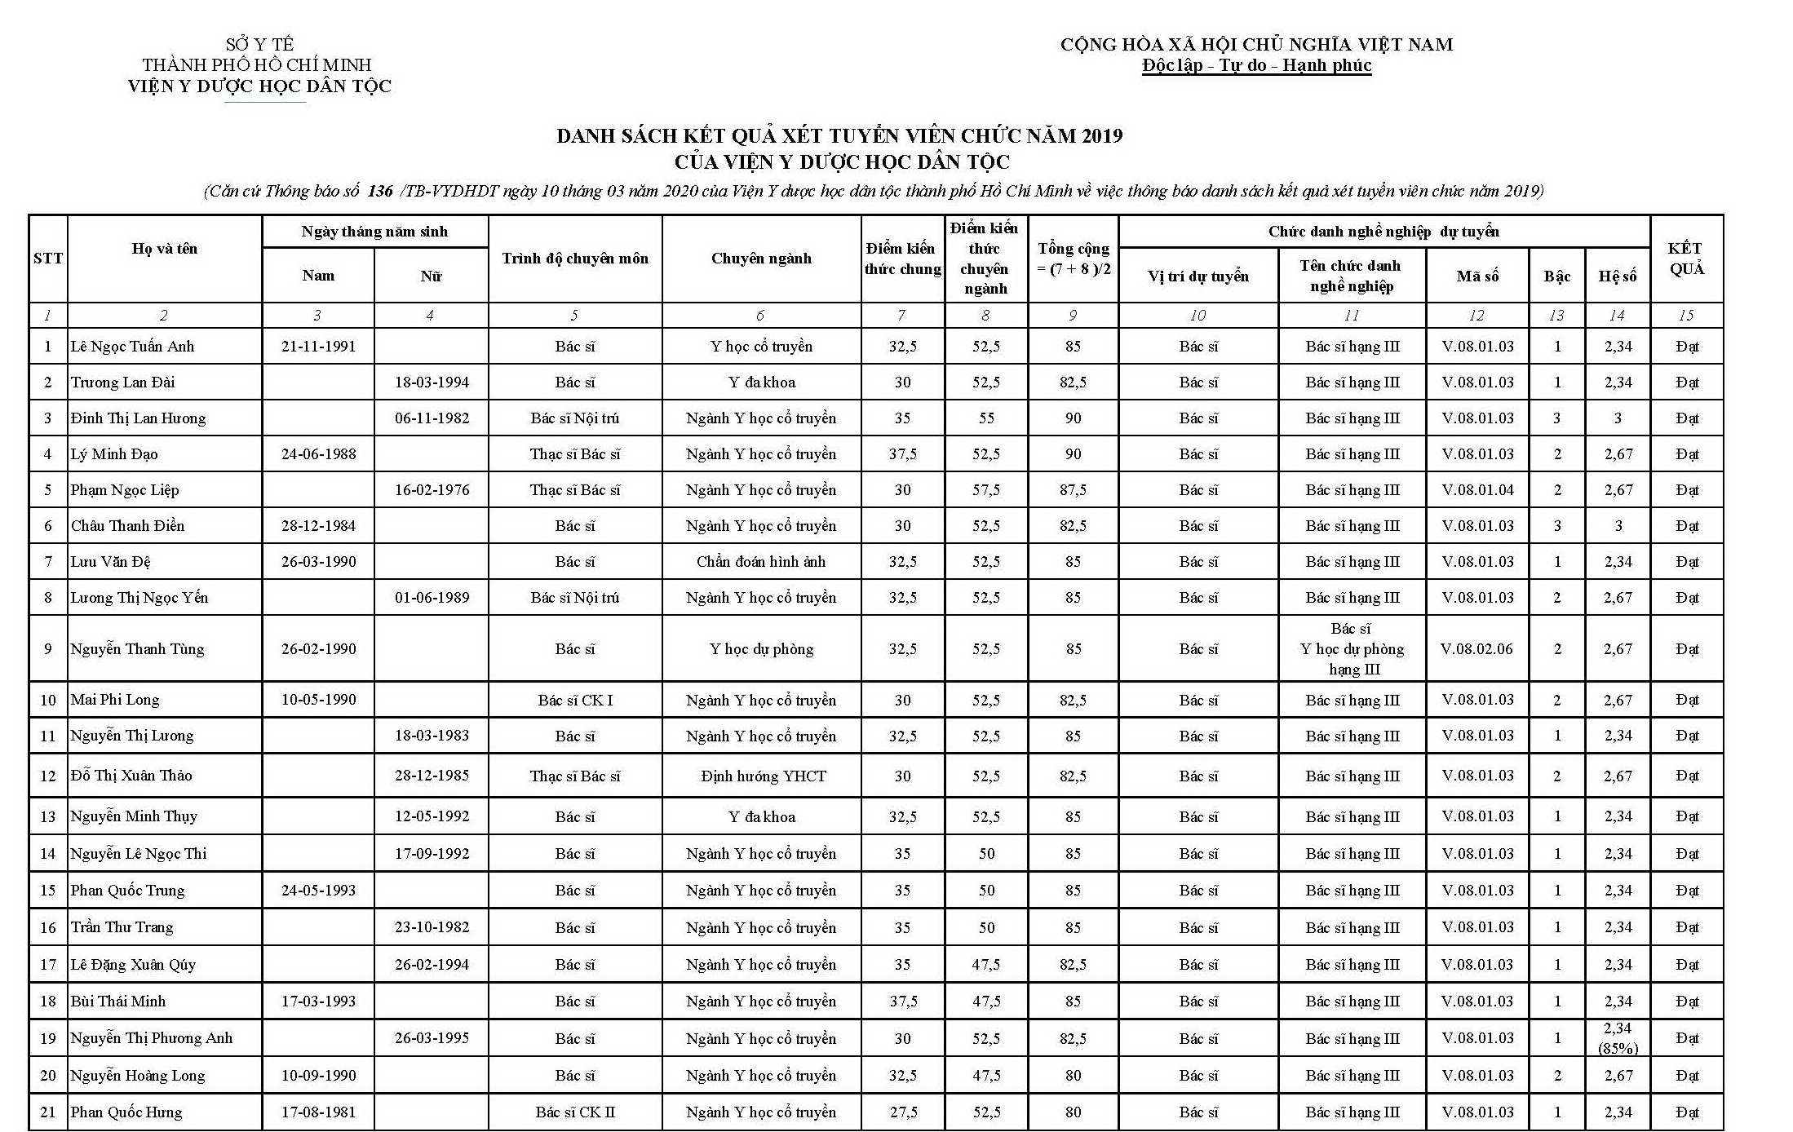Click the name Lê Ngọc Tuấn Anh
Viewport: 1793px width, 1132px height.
click(x=132, y=347)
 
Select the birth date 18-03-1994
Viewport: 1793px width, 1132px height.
click(x=432, y=382)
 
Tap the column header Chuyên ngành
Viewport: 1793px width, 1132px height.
click(x=761, y=259)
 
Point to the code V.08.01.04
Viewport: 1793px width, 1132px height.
click(x=1477, y=490)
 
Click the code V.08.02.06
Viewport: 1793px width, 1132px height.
click(x=1476, y=649)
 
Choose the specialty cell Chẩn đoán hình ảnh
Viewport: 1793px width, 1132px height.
click(x=761, y=562)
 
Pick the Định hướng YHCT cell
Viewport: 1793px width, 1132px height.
click(x=763, y=776)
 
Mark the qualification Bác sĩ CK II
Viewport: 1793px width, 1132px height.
click(x=575, y=1112)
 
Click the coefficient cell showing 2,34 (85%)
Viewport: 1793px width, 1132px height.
click(x=1618, y=1038)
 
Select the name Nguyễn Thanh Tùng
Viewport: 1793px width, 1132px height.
click(x=137, y=649)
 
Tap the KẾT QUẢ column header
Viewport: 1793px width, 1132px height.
click(x=1685, y=259)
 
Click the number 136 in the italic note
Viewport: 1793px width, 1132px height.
click(x=380, y=192)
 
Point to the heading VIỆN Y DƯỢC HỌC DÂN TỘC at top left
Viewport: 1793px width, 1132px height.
click(x=259, y=86)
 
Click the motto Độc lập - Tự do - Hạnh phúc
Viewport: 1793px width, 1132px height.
click(x=1256, y=66)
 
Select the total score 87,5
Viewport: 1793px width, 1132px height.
click(x=1073, y=490)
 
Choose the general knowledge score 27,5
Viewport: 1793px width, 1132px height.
click(x=903, y=1112)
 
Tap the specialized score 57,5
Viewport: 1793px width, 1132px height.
click(x=986, y=490)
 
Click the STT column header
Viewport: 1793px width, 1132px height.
click(x=48, y=259)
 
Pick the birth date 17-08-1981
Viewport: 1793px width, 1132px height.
click(x=318, y=1112)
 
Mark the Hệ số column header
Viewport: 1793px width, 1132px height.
click(x=1617, y=276)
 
